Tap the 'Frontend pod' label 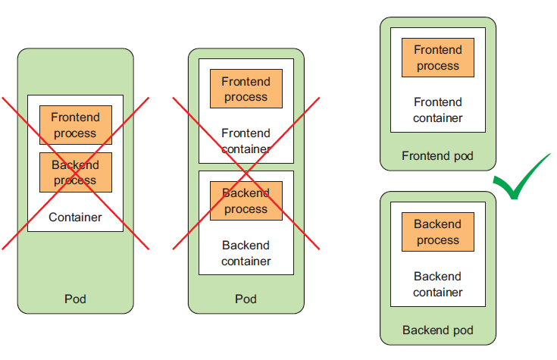[437, 156]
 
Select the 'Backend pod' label [437, 330]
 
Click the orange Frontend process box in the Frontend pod [437, 58]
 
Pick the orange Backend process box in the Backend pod [437, 233]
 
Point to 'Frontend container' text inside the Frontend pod [437, 110]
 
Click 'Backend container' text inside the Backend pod [437, 284]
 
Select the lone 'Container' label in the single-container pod [75, 218]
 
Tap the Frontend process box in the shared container [75, 125]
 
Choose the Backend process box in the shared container [75, 172]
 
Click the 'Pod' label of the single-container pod [75, 299]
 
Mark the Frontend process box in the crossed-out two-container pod [246, 89]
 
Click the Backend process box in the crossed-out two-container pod [246, 201]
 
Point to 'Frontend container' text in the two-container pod [246, 141]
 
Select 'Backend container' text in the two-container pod [246, 253]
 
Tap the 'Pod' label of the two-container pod [246, 299]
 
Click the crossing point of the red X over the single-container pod [75, 172]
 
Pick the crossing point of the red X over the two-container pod [246, 172]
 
